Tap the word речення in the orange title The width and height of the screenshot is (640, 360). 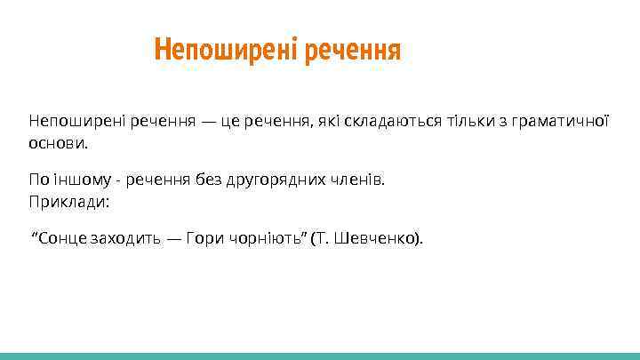[x=353, y=49]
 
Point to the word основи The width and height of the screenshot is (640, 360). [x=59, y=141]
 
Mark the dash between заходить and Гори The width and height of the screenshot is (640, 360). [x=175, y=239]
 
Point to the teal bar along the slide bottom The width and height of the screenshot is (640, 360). [x=320, y=356]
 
